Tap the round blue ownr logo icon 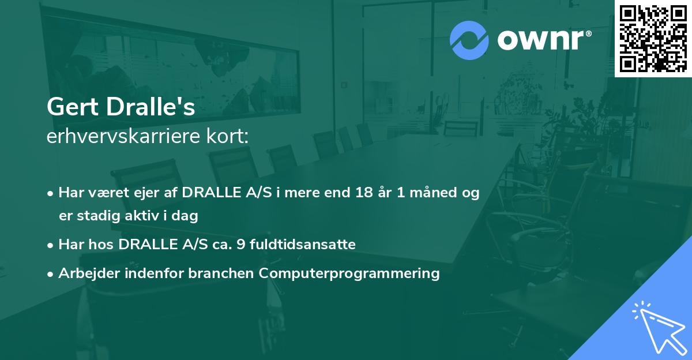coord(469,39)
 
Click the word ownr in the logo coord(543,39)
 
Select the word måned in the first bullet coord(430,193)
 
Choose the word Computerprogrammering coord(349,273)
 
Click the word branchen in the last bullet coord(221,273)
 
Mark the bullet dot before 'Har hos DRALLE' coord(51,245)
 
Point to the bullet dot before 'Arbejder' coord(51,273)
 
